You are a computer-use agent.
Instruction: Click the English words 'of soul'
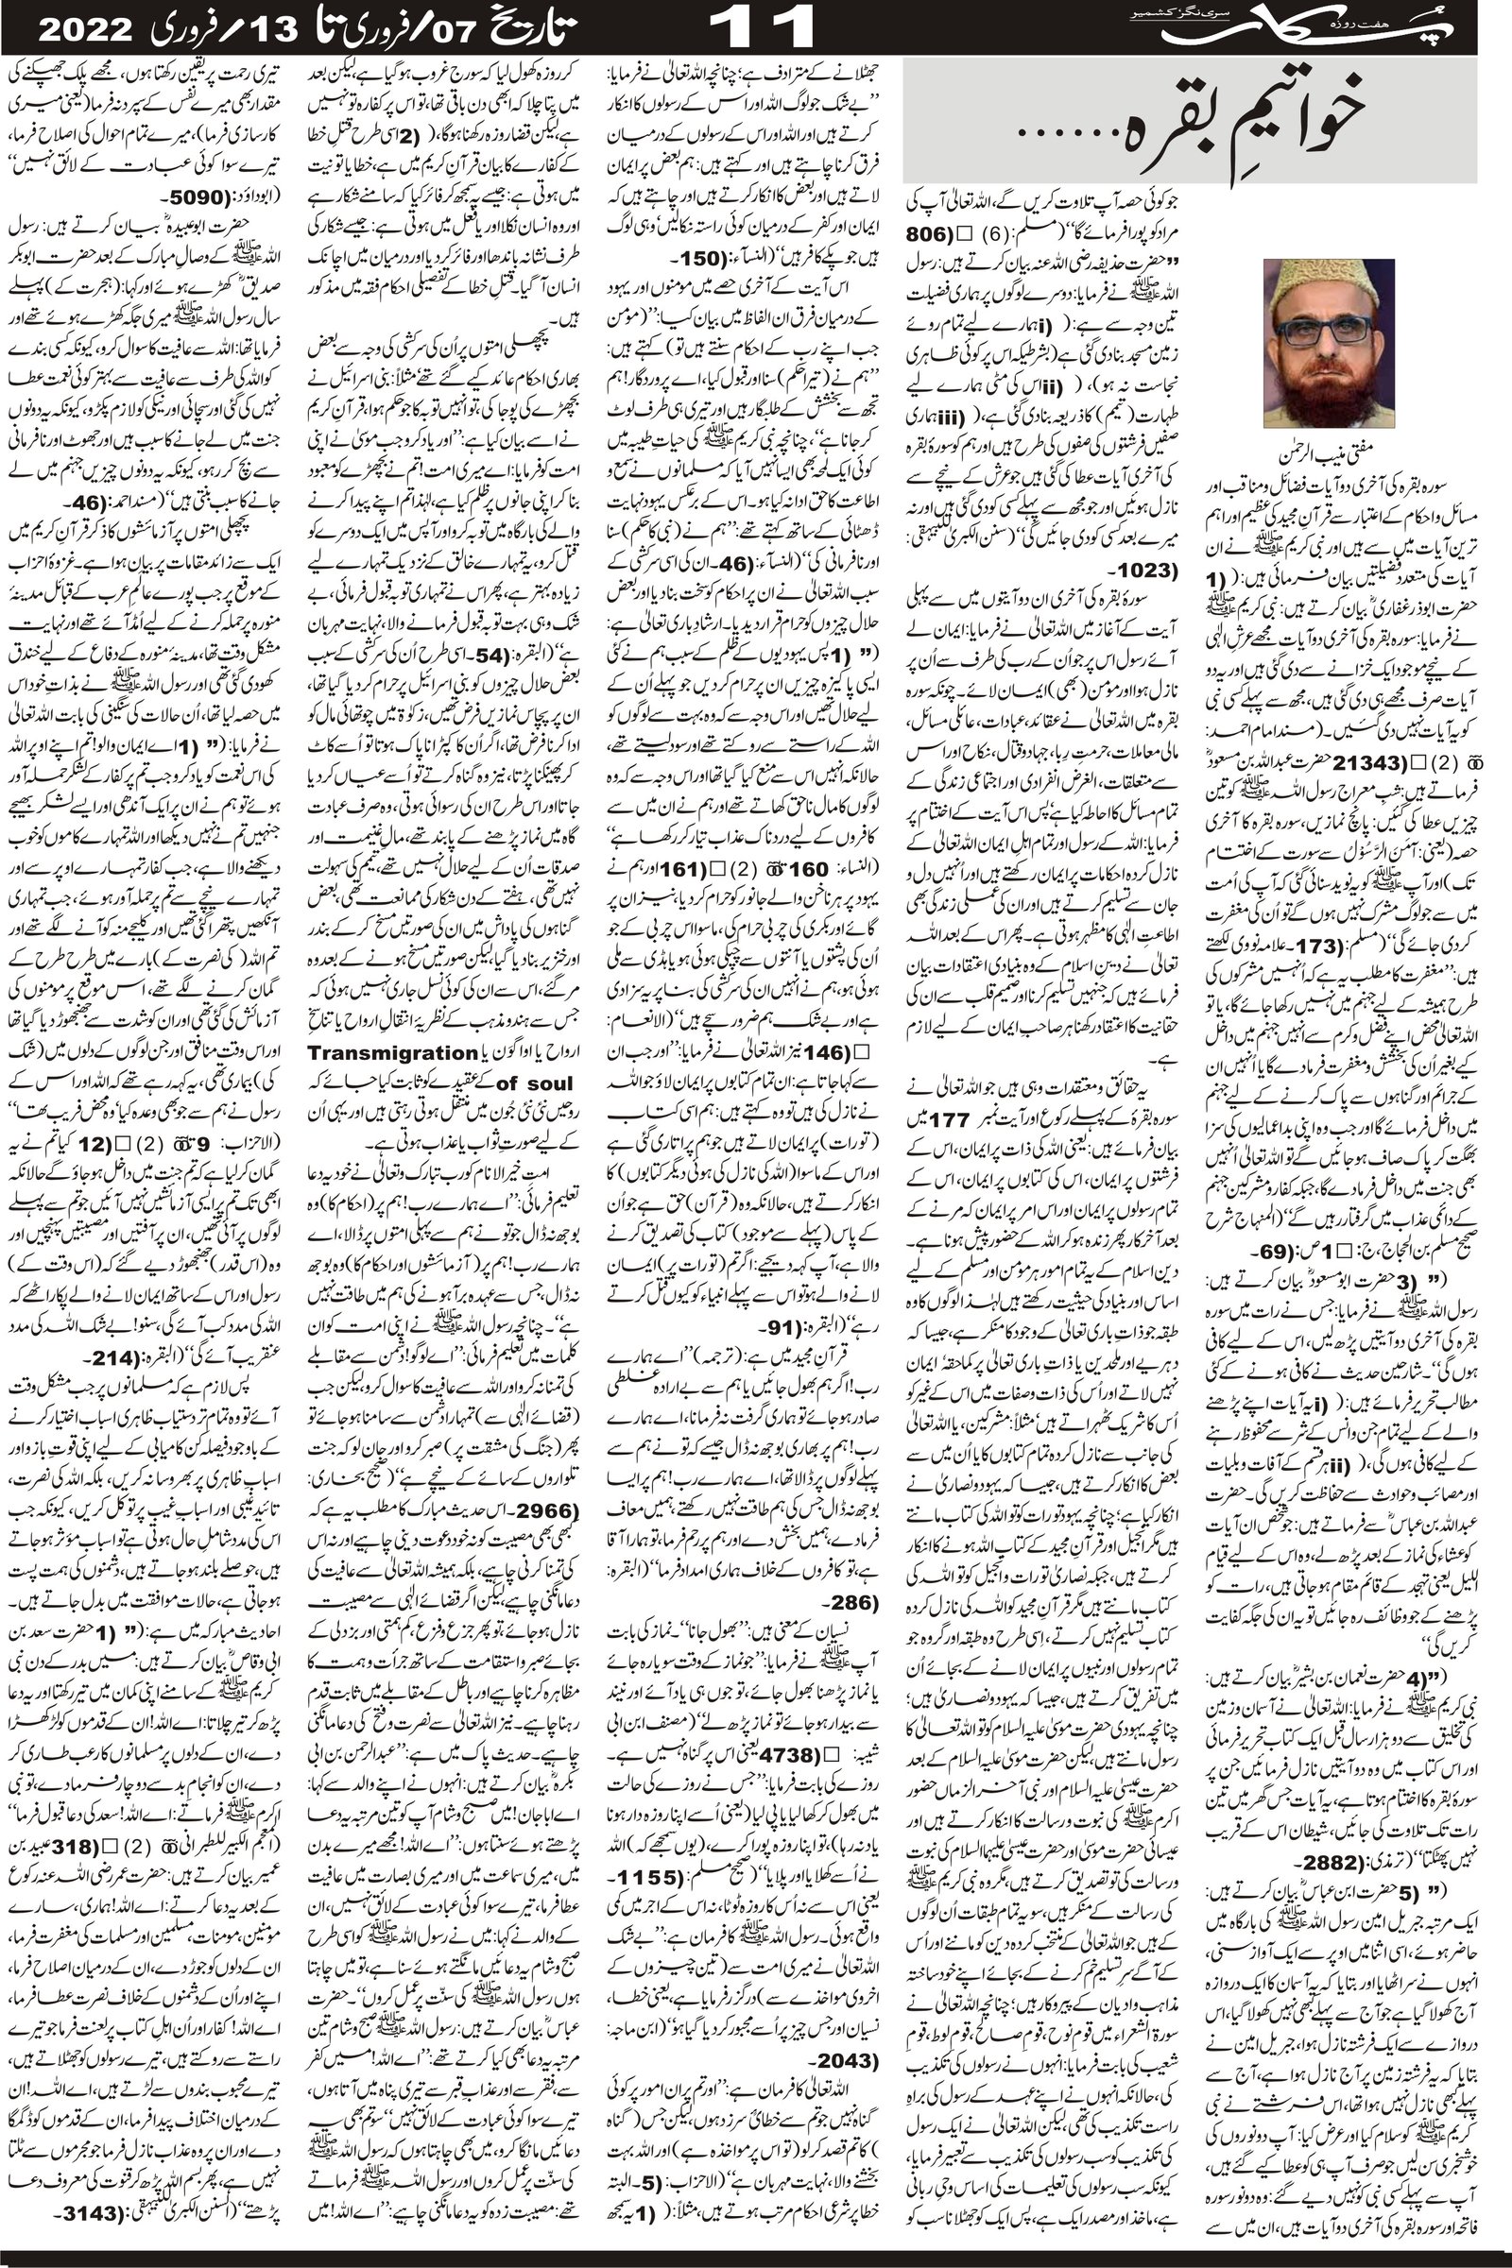534,1083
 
